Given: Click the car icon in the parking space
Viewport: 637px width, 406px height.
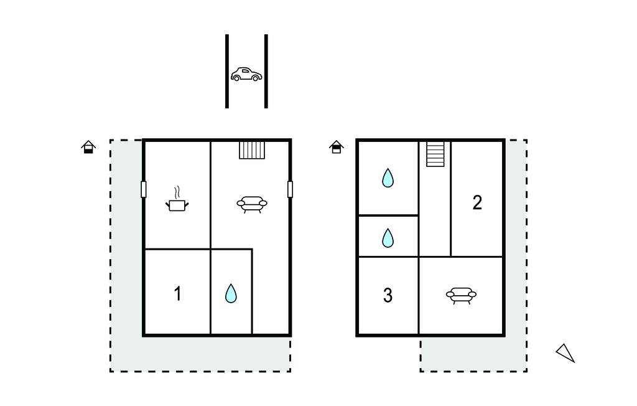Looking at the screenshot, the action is [246, 74].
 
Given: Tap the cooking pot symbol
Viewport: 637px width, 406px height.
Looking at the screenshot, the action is [177, 205].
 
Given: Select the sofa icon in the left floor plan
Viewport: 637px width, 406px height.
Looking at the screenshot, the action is [252, 204].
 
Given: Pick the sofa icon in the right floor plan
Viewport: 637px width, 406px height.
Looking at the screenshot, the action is [461, 295].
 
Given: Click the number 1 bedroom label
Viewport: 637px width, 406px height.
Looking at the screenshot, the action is [177, 293].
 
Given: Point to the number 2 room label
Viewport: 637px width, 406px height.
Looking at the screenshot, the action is [477, 202].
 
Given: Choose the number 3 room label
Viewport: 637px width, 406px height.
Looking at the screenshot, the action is [388, 295].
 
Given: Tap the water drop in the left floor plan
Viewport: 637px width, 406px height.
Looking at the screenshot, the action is [231, 293].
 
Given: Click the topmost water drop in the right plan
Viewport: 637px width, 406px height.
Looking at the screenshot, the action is [388, 177].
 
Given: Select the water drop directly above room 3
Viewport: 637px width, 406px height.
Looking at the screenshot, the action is [388, 238].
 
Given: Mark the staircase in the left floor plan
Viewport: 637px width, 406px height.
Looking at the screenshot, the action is [252, 149].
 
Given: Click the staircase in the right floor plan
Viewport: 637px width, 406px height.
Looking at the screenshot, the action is [435, 154].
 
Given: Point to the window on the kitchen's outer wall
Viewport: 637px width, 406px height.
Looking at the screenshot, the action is [144, 189].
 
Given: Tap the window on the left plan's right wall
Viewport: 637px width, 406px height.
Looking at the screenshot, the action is [290, 189].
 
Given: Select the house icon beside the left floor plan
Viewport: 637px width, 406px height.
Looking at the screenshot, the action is [88, 147].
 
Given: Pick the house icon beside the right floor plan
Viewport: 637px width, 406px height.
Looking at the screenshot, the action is [337, 147].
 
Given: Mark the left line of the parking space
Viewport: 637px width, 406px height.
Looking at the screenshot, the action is [227, 71].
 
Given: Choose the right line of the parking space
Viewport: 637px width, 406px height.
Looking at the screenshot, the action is [266, 71].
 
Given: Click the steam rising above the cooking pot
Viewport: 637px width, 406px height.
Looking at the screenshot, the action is [177, 192].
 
